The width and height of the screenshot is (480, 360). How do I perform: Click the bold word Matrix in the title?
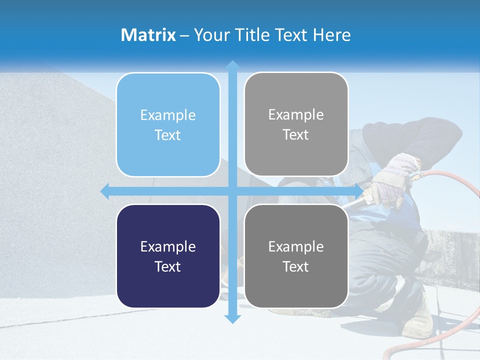[148, 35]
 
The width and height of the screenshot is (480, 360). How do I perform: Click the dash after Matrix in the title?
[184, 35]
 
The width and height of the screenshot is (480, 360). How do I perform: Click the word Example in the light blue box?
[168, 115]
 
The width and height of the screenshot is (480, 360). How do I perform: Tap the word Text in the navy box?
[168, 266]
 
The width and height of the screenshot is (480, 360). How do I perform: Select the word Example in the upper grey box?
[296, 115]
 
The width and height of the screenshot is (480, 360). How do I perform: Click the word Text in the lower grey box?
[296, 266]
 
